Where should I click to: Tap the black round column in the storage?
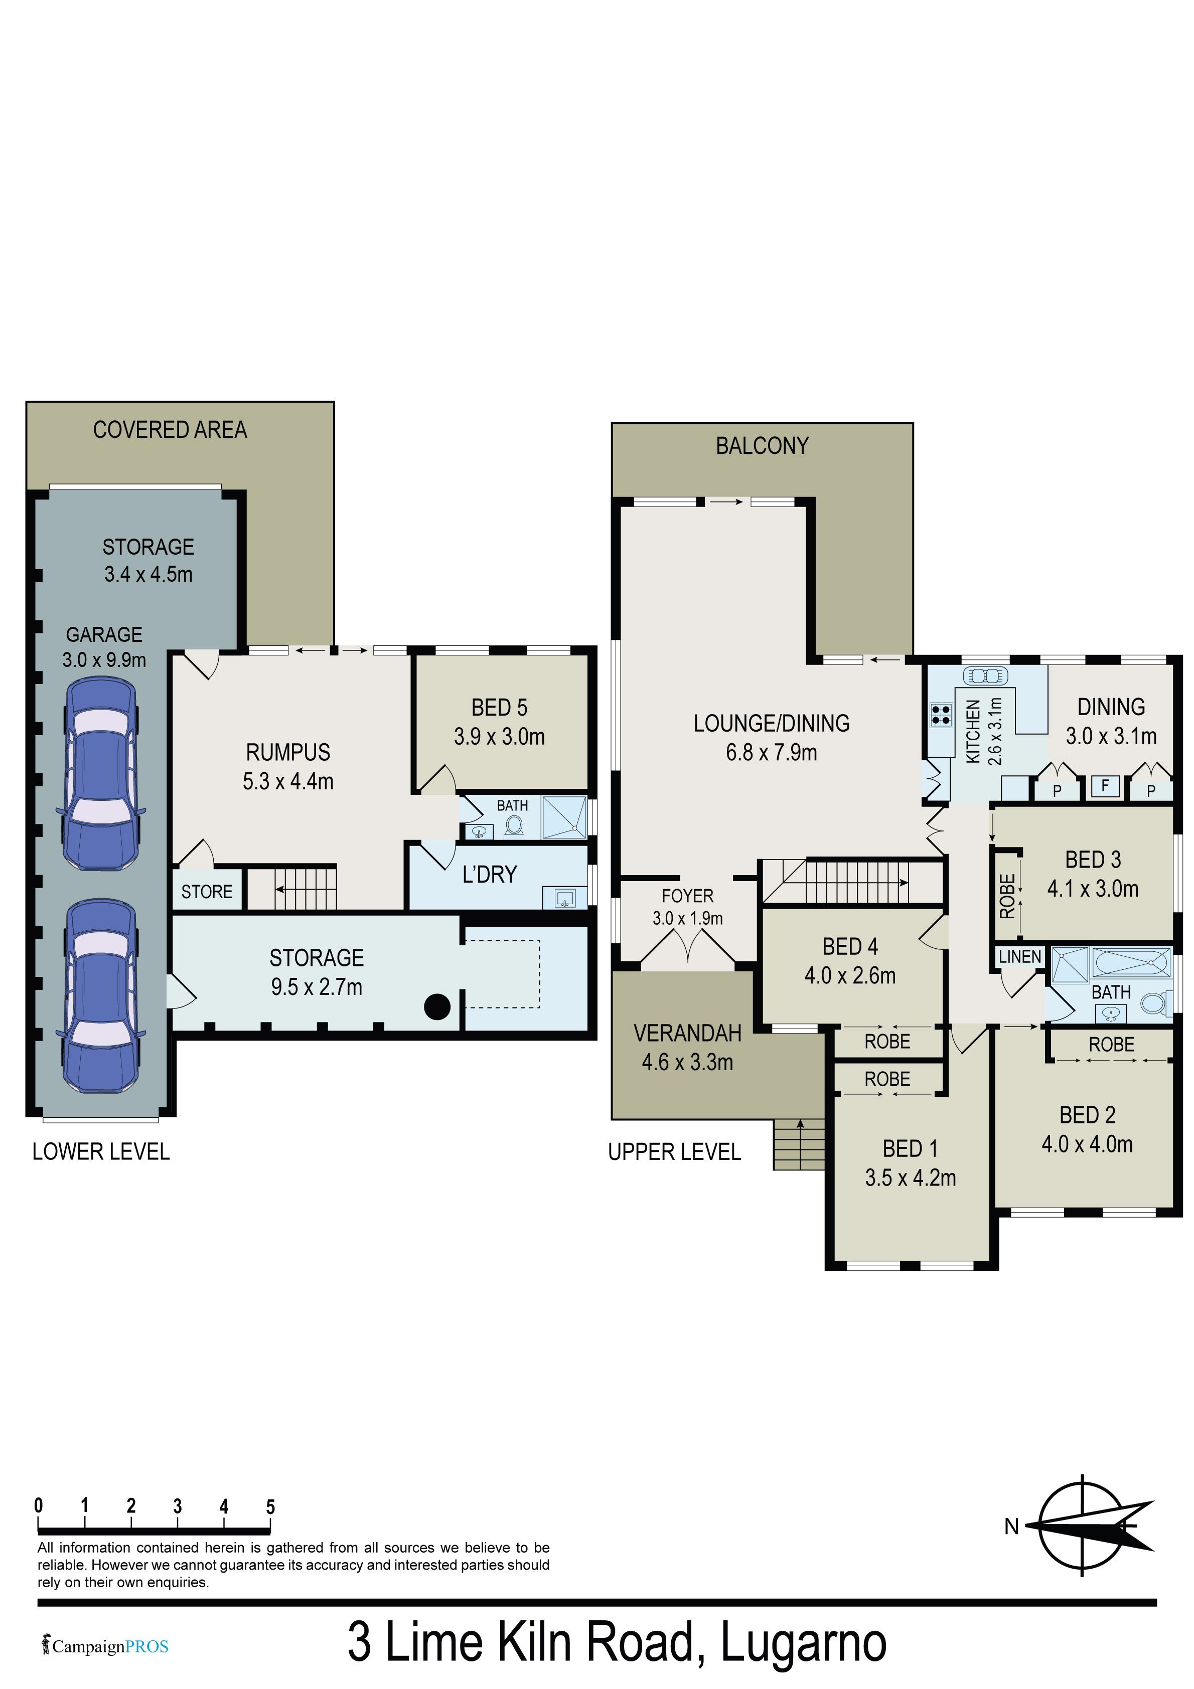point(437,1006)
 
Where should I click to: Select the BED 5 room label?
point(499,708)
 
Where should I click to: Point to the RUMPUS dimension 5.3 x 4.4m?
point(288,781)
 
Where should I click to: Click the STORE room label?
point(207,892)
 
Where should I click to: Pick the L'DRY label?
point(490,874)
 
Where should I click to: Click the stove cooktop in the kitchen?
point(941,715)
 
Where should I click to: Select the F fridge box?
point(1105,786)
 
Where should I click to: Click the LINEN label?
point(1019,956)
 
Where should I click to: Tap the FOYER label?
point(687,896)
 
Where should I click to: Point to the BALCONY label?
point(762,446)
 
